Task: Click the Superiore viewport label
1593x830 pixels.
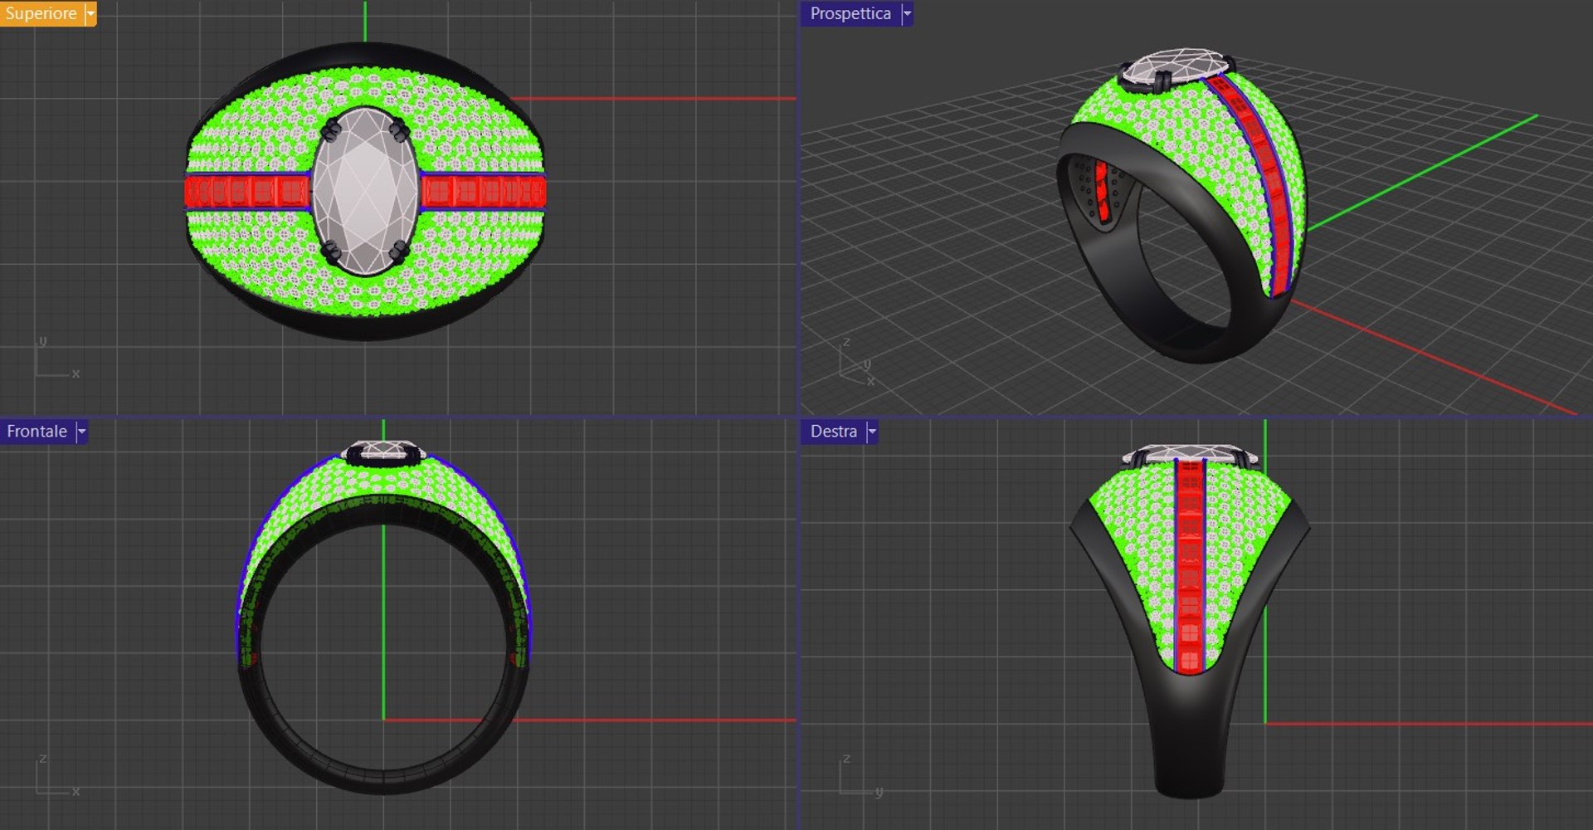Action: tap(40, 13)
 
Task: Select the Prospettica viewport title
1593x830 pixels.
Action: tap(850, 13)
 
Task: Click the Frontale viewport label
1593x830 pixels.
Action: tap(37, 432)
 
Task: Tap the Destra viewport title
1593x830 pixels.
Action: tap(833, 432)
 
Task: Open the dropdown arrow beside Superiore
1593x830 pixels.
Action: tap(90, 13)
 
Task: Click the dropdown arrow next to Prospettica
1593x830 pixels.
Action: tap(907, 13)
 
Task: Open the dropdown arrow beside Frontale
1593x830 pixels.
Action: tap(81, 432)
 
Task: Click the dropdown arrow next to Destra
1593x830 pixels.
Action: tap(872, 432)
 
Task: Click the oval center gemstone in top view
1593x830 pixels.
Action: tap(365, 191)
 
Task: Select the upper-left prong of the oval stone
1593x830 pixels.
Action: tap(333, 129)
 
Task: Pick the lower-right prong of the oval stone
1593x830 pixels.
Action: tap(399, 250)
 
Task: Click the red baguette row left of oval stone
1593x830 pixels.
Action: tap(247, 192)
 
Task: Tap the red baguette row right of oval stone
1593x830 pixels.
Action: tap(483, 192)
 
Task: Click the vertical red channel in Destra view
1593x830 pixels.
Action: tap(1189, 564)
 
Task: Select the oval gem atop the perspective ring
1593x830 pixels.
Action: tap(1176, 66)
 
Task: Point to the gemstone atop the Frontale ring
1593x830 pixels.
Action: tap(383, 451)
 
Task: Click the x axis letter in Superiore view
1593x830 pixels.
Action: tap(76, 374)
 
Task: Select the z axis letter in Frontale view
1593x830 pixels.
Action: tap(43, 759)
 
